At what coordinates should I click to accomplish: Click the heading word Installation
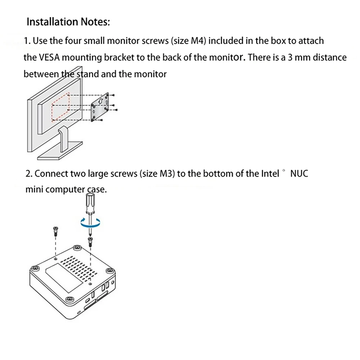[x=52, y=22]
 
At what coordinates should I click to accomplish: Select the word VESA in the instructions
[x=49, y=57]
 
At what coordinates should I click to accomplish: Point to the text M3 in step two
[x=166, y=174]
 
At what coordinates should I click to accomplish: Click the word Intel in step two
[x=270, y=174]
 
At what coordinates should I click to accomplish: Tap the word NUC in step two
[x=299, y=174]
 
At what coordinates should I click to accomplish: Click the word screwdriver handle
[x=90, y=203]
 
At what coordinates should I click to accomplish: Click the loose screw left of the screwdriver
[x=55, y=231]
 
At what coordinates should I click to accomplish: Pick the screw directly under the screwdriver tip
[x=90, y=242]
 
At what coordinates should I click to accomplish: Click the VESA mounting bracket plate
[x=100, y=107]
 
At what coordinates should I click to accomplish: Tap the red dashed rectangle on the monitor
[x=60, y=107]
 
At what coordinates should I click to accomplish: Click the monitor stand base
[x=60, y=150]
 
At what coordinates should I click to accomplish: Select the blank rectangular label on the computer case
[x=64, y=278]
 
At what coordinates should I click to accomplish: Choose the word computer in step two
[x=66, y=190]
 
